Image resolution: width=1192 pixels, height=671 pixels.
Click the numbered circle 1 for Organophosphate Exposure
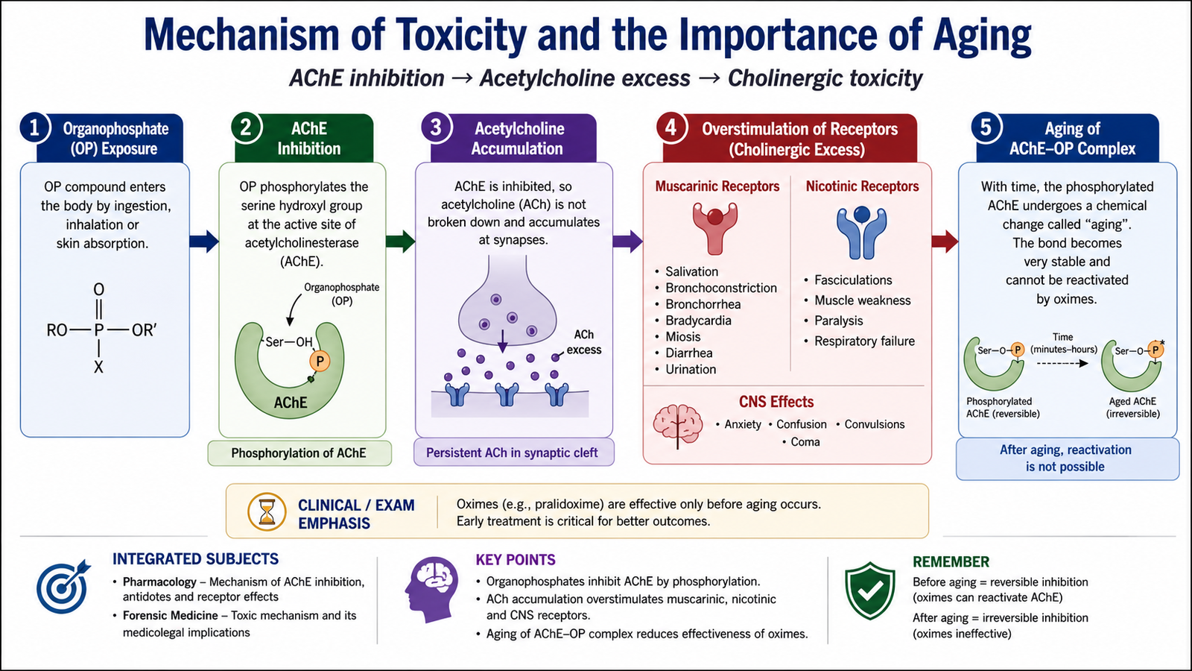coord(34,128)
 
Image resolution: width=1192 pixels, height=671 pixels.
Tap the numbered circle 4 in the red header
coord(671,127)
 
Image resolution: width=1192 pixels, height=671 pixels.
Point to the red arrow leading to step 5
coord(945,242)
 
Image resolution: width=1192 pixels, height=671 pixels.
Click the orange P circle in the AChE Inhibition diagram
coord(320,362)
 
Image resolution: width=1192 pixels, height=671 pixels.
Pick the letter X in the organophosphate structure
coord(98,367)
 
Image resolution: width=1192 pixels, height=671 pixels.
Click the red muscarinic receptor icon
coord(715,228)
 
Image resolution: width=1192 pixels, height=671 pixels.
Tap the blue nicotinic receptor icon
coord(861,232)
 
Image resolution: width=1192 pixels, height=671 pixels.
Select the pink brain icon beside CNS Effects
coord(677,426)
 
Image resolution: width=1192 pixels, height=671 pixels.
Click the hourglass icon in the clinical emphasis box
coord(267,511)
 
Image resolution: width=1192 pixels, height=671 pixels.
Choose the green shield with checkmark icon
coord(870,590)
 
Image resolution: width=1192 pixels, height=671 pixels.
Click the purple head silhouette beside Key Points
coord(431,590)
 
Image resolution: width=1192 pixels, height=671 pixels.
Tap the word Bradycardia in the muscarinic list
coord(698,321)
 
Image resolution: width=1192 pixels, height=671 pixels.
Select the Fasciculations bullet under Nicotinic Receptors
coord(848,280)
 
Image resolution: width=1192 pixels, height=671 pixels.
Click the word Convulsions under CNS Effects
coord(875,424)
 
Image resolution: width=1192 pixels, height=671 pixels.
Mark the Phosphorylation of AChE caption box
coord(299,453)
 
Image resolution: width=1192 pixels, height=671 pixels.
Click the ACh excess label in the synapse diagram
coord(584,342)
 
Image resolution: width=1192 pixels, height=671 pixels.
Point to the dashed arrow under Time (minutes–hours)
coord(1062,364)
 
